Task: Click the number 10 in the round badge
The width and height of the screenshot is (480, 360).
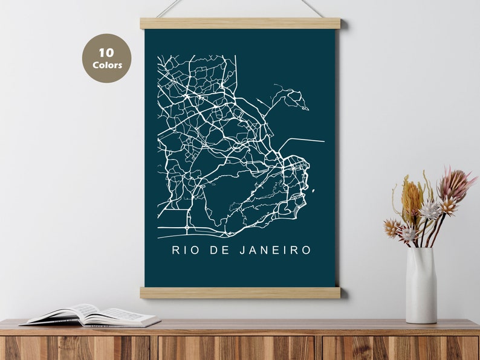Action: click(x=106, y=53)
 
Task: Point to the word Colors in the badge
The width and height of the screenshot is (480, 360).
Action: click(x=107, y=65)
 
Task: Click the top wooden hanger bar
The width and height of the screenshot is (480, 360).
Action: click(x=240, y=24)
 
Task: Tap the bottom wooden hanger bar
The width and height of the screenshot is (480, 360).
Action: click(x=240, y=293)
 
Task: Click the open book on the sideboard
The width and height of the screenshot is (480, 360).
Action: click(x=91, y=315)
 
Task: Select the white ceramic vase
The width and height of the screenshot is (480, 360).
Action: click(x=421, y=284)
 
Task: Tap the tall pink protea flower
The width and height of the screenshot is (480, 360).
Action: click(x=456, y=184)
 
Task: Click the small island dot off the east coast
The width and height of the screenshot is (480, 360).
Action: click(x=313, y=191)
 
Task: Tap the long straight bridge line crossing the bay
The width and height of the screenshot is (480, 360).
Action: click(x=302, y=141)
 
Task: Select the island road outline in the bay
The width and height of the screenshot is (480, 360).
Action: click(x=290, y=97)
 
